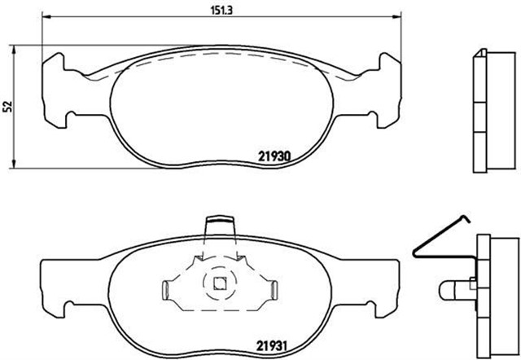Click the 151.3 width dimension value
(217, 11)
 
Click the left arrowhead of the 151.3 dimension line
(46, 17)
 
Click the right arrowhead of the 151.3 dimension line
(399, 17)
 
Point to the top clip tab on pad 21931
(219, 224)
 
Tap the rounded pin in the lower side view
(450, 288)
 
